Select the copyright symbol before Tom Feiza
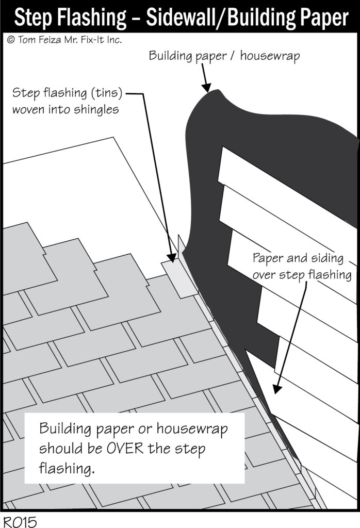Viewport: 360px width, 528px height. coord(10,40)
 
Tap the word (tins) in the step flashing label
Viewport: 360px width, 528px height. coord(106,94)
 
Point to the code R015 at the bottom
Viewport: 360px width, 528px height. coord(19,521)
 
